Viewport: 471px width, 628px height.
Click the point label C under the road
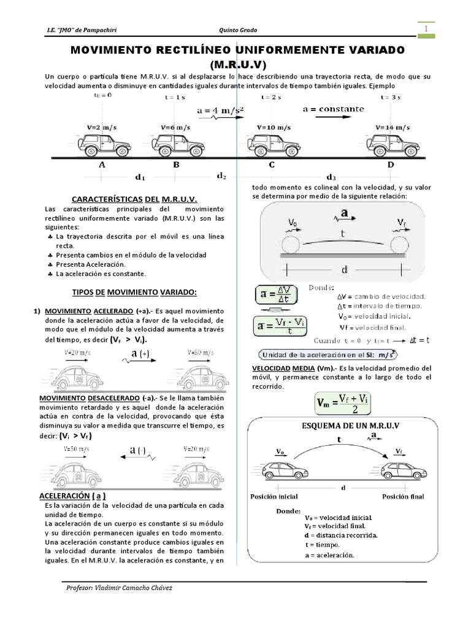click(271, 165)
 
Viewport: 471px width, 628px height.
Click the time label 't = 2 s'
click(271, 97)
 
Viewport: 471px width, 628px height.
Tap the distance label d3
click(331, 176)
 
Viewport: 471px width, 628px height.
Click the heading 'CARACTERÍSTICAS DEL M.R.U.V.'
click(134, 199)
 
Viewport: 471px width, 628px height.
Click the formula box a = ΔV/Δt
click(277, 296)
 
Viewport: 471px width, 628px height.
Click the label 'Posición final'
click(403, 496)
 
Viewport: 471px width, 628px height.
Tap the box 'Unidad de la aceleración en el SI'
click(329, 354)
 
